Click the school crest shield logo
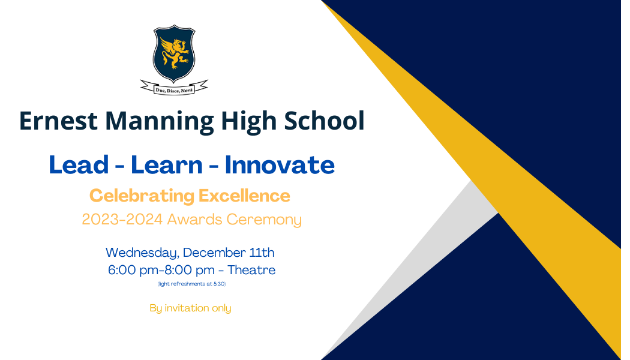click(x=174, y=53)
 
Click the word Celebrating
click(x=142, y=196)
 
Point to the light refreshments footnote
click(x=191, y=284)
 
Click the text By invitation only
click(x=190, y=308)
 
